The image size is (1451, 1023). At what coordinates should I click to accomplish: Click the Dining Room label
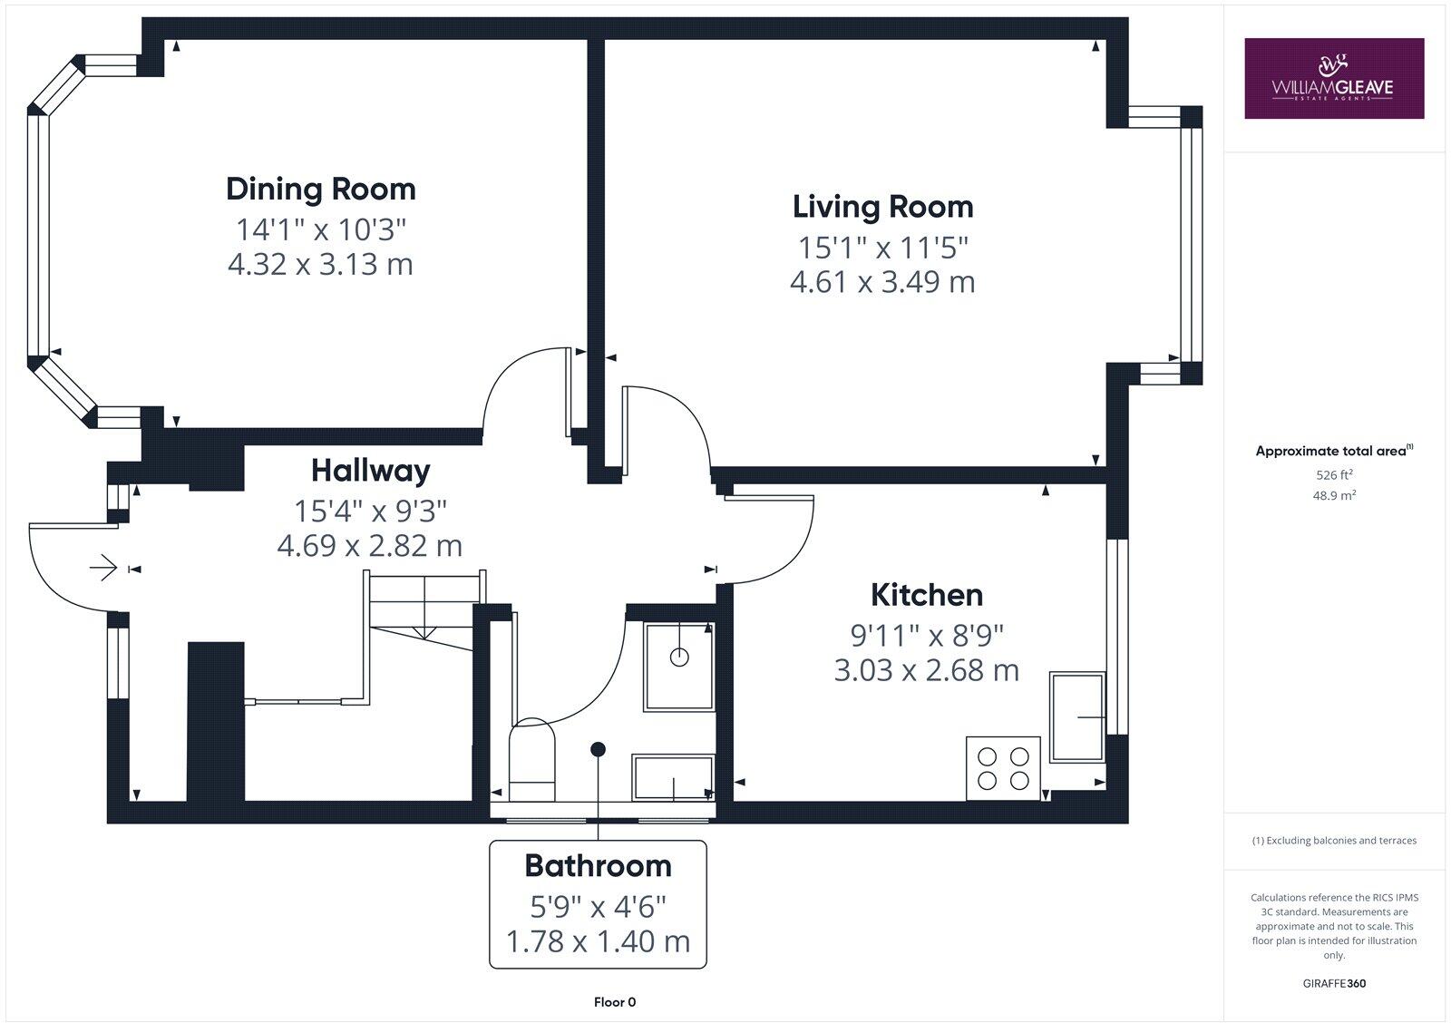(321, 189)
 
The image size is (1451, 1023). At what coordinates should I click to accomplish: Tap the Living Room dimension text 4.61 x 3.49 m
(882, 282)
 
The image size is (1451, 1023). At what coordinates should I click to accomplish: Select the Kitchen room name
(926, 595)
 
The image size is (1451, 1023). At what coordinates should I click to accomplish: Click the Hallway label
(370, 471)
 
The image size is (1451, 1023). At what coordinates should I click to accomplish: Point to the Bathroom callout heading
(598, 866)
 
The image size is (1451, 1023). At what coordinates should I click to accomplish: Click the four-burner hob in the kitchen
(1003, 768)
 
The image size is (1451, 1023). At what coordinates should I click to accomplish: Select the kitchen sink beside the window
(1077, 716)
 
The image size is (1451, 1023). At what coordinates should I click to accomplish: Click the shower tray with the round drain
(678, 666)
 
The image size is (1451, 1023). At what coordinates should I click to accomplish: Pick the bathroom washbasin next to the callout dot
(672, 777)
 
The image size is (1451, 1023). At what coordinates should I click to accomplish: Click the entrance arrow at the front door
(104, 568)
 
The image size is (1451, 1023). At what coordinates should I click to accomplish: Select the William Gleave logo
(1333, 78)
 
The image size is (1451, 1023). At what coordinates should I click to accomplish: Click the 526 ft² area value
(1333, 474)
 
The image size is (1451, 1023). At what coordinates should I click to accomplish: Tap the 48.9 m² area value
(1333, 495)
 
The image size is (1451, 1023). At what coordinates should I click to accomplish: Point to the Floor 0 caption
(615, 1002)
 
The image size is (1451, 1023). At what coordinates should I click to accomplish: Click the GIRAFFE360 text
(1333, 983)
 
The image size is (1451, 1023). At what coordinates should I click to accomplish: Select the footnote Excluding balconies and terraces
(1333, 841)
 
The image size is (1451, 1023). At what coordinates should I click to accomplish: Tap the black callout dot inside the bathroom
(598, 749)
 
